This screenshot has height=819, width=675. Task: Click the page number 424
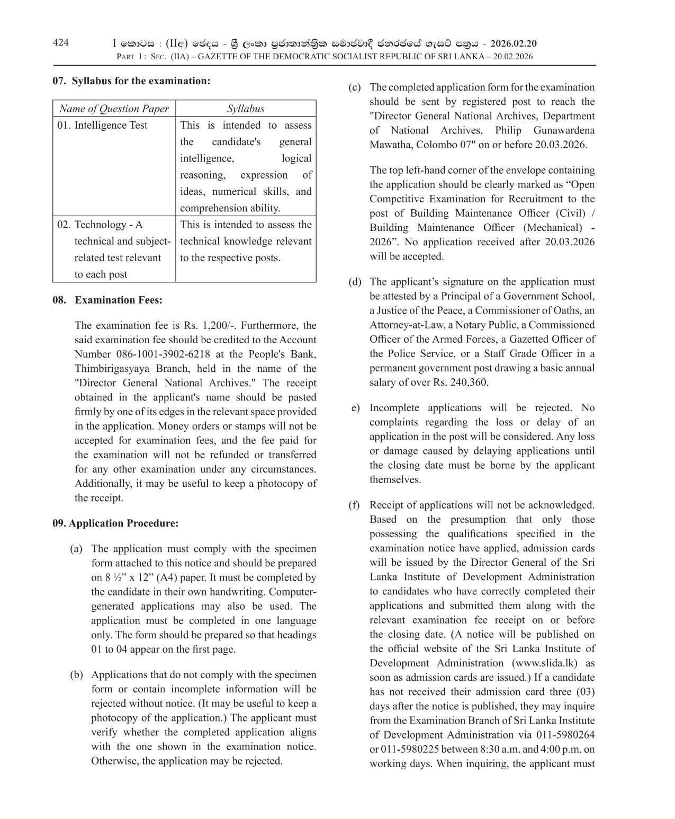tap(61, 43)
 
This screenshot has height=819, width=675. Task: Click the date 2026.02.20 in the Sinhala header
tap(514, 44)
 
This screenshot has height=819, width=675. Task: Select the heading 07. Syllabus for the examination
tap(131, 81)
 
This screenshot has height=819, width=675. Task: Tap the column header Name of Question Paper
tap(114, 109)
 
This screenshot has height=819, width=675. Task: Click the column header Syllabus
tap(246, 109)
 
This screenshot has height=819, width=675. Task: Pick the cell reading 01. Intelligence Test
tap(102, 126)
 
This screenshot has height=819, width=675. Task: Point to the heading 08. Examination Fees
tap(107, 300)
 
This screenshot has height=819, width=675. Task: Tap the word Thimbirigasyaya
tap(112, 368)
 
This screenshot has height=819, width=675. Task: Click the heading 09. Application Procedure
tap(115, 523)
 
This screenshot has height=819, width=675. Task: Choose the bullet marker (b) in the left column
tap(77, 675)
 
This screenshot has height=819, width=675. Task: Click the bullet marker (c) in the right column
tap(354, 87)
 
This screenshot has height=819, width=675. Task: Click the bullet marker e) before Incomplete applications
tap(355, 408)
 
